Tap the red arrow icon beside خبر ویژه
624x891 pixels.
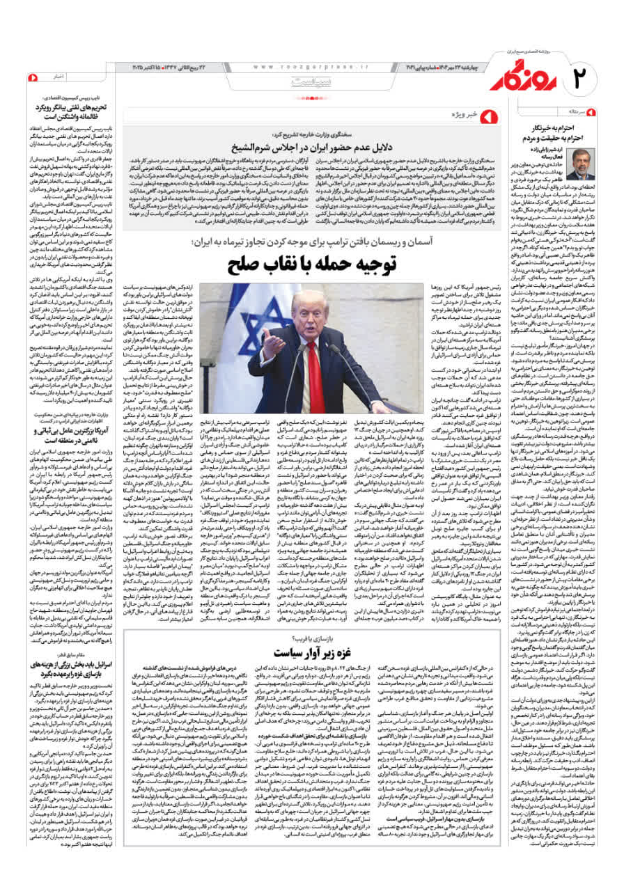click(492, 112)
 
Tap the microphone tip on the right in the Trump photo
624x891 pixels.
click(331, 347)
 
